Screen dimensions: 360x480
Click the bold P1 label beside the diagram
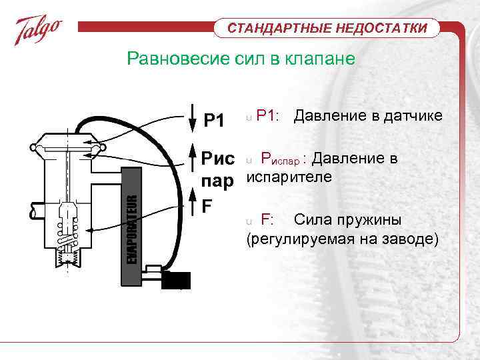214,121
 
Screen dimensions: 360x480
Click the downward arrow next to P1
191,119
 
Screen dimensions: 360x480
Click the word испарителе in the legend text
289,178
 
